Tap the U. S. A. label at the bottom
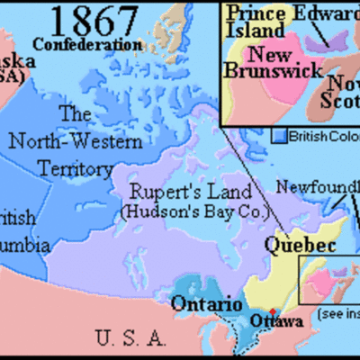coord(130,339)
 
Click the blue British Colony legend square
coord(280,135)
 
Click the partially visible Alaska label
coord(18,61)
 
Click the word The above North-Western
coord(76,113)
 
